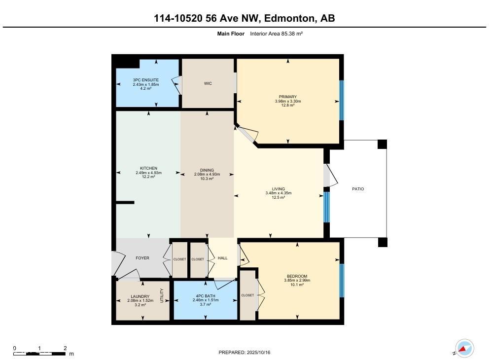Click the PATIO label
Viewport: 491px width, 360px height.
(358, 189)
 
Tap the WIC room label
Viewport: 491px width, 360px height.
(208, 83)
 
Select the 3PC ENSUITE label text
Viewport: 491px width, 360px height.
(146, 80)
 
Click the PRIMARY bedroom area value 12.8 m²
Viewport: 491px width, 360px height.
(288, 106)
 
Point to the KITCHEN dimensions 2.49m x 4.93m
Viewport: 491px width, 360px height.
(148, 173)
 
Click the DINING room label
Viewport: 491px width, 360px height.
(207, 170)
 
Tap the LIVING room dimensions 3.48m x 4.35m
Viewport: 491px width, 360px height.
(279, 193)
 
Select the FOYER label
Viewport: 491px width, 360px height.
(142, 258)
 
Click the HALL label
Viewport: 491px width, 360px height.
(222, 258)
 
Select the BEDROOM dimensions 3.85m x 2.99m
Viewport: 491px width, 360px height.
(297, 281)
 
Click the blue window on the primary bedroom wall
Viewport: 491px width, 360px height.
(341, 101)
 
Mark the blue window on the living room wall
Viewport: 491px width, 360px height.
(326, 207)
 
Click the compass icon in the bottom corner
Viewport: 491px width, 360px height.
(464, 348)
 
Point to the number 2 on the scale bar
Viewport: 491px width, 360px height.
(65, 348)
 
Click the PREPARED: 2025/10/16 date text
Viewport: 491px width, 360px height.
(245, 353)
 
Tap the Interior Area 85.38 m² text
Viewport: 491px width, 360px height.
(276, 34)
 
